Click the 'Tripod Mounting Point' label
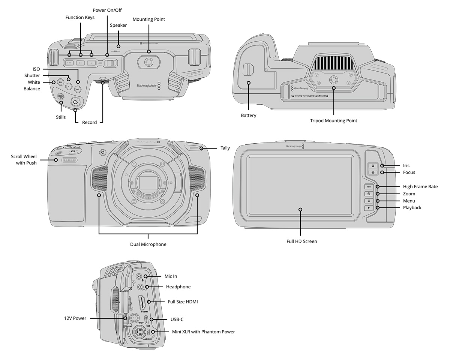pyautogui.click(x=333, y=121)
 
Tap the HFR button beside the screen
pyautogui.click(x=369, y=186)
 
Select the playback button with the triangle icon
pyautogui.click(x=369, y=207)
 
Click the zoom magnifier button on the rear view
pyautogui.click(x=369, y=194)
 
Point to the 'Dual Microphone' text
pyautogui.click(x=148, y=244)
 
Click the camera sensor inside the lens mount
pyautogui.click(x=148, y=182)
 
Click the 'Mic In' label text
pyautogui.click(x=171, y=276)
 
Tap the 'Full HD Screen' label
pyautogui.click(x=301, y=241)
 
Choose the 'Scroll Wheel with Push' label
pyautogui.click(x=24, y=160)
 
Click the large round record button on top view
pyautogui.click(x=76, y=102)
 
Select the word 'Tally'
pyautogui.click(x=225, y=148)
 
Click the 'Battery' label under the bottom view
pyautogui.click(x=248, y=115)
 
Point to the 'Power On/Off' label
pyautogui.click(x=107, y=10)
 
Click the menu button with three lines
pyautogui.click(x=369, y=201)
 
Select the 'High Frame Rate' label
pyautogui.click(x=420, y=187)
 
